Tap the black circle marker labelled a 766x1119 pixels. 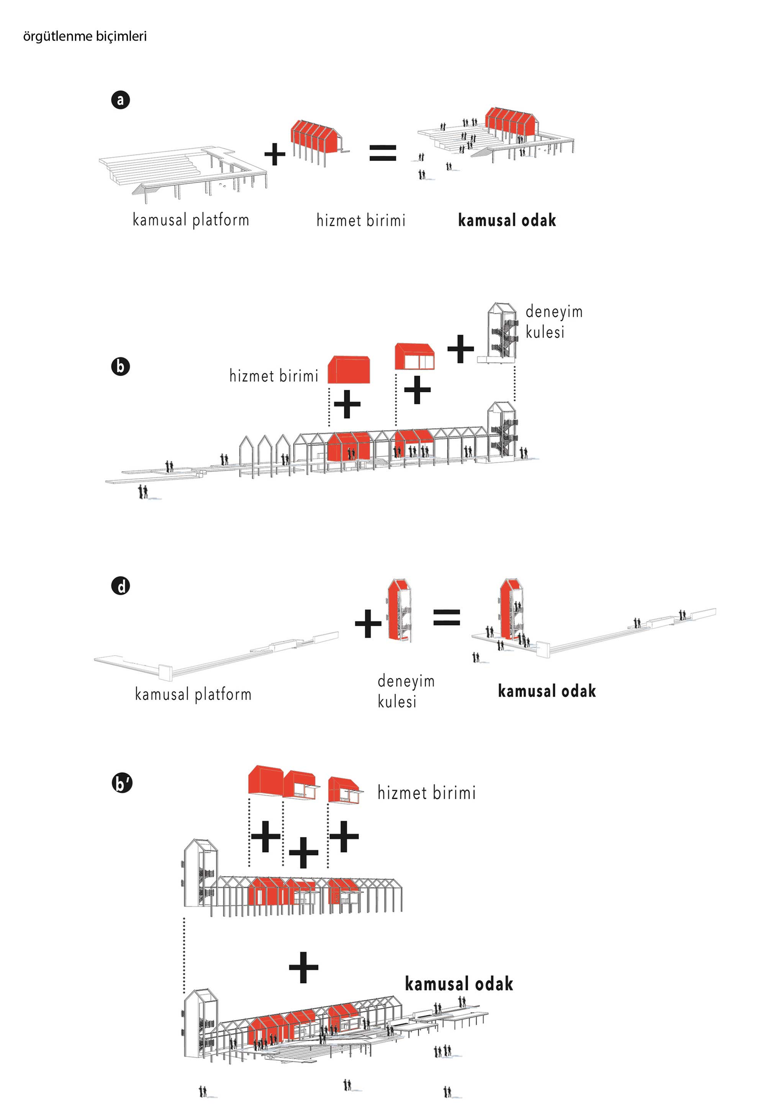click(120, 100)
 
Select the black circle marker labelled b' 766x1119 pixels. click(121, 783)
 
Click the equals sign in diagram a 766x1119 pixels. click(383, 153)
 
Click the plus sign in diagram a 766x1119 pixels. click(275, 154)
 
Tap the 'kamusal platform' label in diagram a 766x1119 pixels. click(191, 220)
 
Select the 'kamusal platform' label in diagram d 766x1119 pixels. click(193, 694)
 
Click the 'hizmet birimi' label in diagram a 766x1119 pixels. click(361, 221)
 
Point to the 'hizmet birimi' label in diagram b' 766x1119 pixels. click(427, 793)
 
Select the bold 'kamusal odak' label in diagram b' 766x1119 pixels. click(459, 984)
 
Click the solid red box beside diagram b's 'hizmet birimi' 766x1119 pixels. click(349, 370)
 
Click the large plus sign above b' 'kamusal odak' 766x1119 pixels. click(303, 967)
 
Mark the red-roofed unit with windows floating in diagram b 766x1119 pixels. click(414, 357)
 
